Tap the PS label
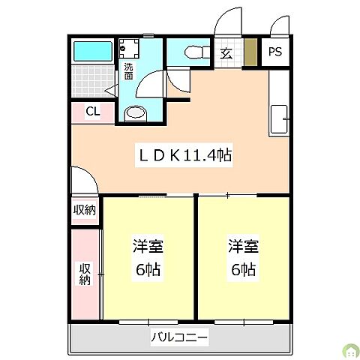coord(274,52)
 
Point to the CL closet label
coord(92,112)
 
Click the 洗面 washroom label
coord(128,71)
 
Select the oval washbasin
coord(135,112)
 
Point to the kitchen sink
coord(278,118)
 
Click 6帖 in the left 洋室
coord(148,269)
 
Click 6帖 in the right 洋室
coord(243,269)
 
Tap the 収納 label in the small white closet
coord(85,210)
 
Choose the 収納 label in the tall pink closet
coord(85,274)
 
